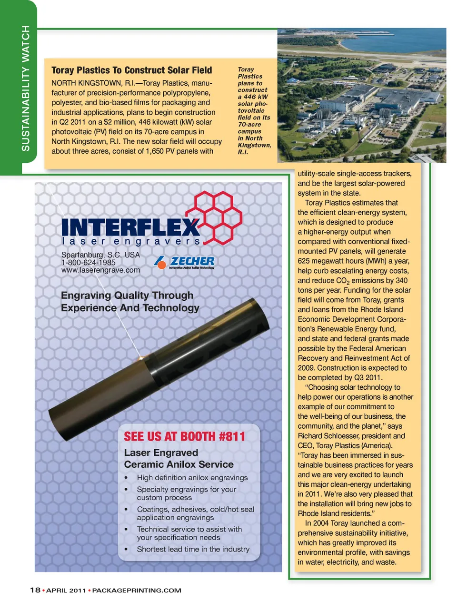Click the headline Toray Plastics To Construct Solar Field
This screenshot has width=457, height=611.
click(131, 70)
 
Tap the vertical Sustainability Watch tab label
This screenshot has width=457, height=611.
click(26, 89)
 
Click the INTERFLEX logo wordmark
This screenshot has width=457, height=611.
click(130, 227)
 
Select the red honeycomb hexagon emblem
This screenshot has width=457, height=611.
click(214, 217)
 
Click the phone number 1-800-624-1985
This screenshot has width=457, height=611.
click(88, 262)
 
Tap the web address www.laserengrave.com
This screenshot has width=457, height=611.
click(100, 270)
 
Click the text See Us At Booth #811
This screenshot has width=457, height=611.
click(184, 436)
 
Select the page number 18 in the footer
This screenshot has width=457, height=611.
click(35, 590)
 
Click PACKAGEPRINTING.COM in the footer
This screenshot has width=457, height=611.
click(137, 591)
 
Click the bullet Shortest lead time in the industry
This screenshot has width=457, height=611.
click(193, 549)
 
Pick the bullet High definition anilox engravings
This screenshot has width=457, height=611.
click(192, 478)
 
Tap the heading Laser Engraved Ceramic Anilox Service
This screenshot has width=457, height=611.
click(179, 458)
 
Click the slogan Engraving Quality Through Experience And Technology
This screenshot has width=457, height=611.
click(129, 302)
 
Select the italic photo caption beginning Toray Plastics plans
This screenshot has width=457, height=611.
click(254, 110)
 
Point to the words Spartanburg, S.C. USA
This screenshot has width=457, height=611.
click(100, 255)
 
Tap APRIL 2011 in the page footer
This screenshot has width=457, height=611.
click(66, 591)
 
